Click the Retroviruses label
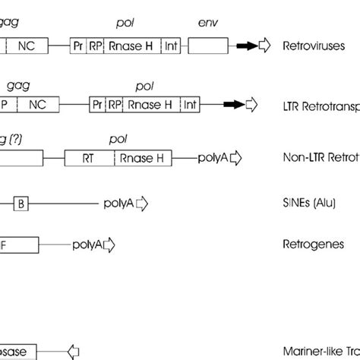(x=314, y=46)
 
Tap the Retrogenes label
(x=313, y=245)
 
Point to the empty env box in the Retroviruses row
(x=207, y=46)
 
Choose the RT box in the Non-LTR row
(x=97, y=158)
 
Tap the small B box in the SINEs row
(x=21, y=203)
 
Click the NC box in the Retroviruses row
(x=30, y=46)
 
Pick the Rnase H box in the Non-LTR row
(x=144, y=158)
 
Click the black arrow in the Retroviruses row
(x=246, y=46)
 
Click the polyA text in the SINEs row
(x=119, y=203)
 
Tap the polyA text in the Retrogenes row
(x=87, y=245)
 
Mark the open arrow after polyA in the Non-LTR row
(x=236, y=158)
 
